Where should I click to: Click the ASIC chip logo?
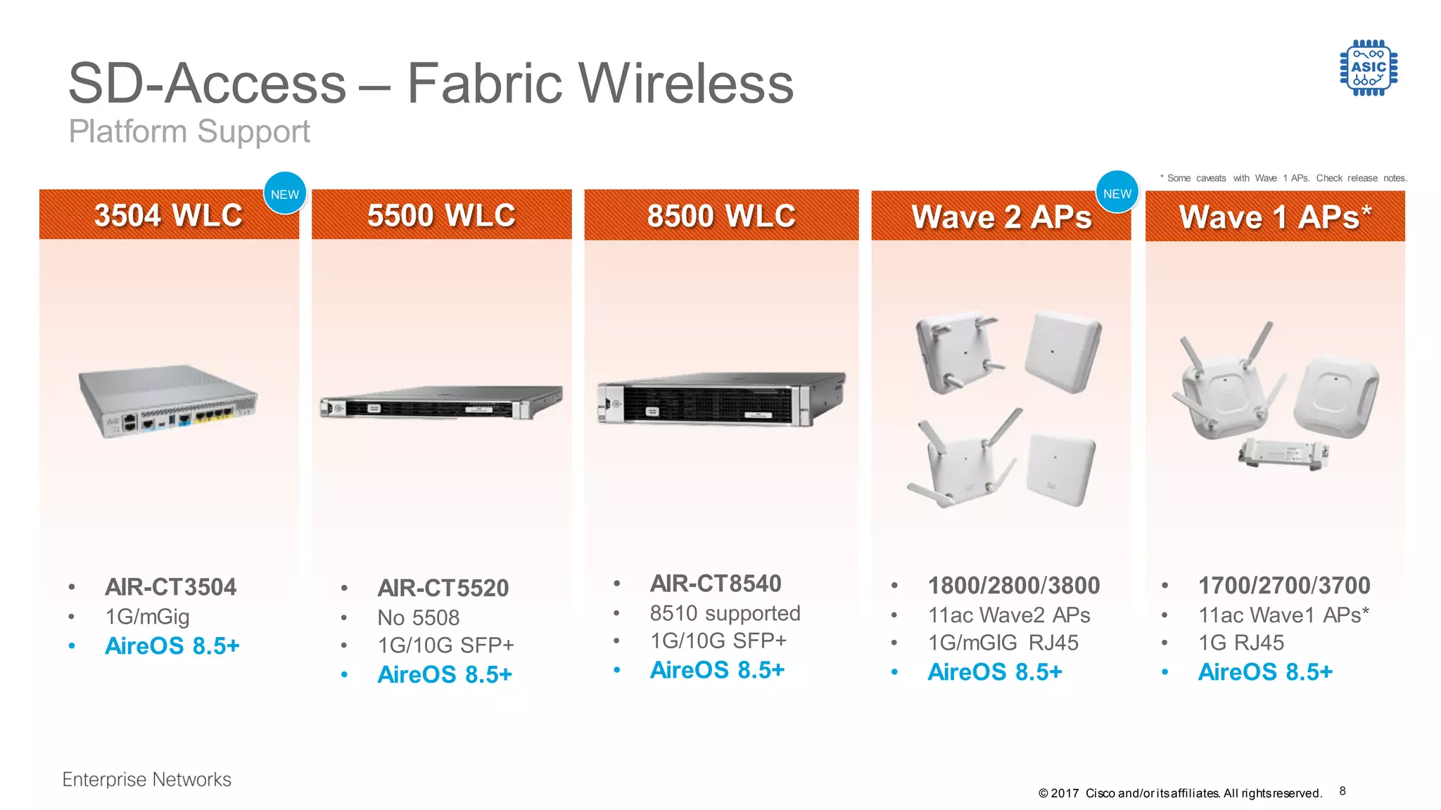click(1369, 67)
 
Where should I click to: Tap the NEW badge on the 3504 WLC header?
click(285, 194)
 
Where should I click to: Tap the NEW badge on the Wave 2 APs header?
click(1117, 193)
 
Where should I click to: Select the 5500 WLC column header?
click(441, 215)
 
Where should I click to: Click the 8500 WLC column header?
click(721, 216)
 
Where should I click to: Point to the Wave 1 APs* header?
click(1275, 217)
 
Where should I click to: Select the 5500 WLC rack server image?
click(441, 403)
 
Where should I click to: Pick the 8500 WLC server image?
click(721, 399)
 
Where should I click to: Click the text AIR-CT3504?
click(170, 587)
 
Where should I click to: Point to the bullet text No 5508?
click(418, 617)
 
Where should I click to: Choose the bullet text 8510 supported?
click(725, 613)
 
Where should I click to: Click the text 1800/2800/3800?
click(1013, 586)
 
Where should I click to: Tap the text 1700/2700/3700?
click(1284, 586)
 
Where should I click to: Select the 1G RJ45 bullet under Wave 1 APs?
click(1241, 643)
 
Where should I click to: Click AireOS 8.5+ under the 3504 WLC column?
click(172, 645)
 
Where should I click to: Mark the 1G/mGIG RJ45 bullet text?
click(1003, 643)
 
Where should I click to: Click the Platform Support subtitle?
click(189, 131)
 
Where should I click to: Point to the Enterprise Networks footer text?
click(146, 779)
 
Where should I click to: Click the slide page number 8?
click(1342, 791)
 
